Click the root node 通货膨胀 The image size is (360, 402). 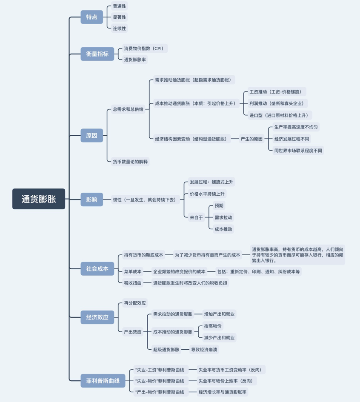coord(39,199)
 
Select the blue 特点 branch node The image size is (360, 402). coord(91,17)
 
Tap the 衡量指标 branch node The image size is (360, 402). coord(97,54)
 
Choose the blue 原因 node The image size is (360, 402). coord(91,136)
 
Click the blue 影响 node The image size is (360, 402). coord(91,200)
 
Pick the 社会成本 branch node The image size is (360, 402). coord(97,269)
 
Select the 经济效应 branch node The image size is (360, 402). coord(97,317)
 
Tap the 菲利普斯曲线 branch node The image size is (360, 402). coord(103,381)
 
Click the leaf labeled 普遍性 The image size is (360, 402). coord(119,6)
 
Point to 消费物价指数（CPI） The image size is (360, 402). coord(144,48)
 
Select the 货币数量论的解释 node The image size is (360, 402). coord(130,162)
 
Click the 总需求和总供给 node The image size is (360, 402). coord(128,109)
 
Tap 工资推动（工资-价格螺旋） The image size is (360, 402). coord(277,92)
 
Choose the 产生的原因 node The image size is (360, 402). coord(251,139)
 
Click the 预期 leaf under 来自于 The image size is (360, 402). coord(219,206)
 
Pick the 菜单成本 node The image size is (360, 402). coord(133,271)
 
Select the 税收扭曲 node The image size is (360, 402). coord(133,283)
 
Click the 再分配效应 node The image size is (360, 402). coord(135,303)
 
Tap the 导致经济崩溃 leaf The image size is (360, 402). coord(204,350)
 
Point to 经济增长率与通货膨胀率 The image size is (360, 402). coord(223,392)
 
